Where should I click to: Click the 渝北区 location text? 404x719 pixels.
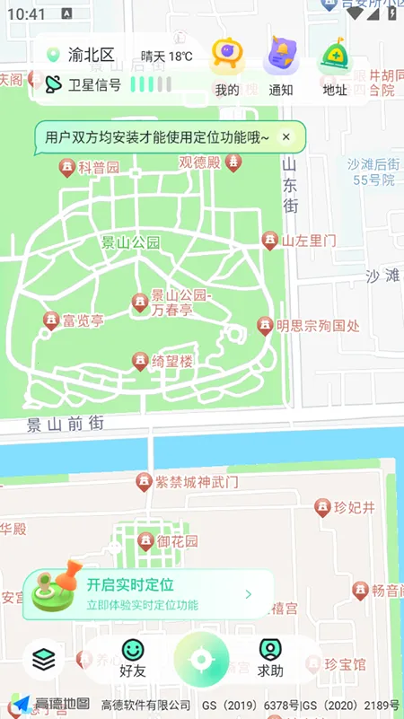point(92,55)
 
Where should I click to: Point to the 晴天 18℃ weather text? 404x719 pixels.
point(167,57)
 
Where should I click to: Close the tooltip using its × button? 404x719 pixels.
point(286,136)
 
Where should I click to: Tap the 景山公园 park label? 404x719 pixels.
point(130,241)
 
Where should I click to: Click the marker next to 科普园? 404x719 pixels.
point(66,167)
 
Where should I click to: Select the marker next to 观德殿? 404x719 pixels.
point(233,162)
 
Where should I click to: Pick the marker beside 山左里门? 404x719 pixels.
point(269,240)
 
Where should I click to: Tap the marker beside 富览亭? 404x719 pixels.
point(51,320)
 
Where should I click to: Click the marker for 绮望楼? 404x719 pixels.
point(140,361)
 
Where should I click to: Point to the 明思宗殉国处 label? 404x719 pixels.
point(318,326)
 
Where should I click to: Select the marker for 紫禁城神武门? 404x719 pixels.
point(143,483)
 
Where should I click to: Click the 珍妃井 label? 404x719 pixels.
point(354,508)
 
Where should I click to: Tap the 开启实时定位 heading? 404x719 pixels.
point(130,584)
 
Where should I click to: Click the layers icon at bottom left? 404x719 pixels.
point(43,660)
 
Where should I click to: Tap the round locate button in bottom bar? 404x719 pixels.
point(201,660)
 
